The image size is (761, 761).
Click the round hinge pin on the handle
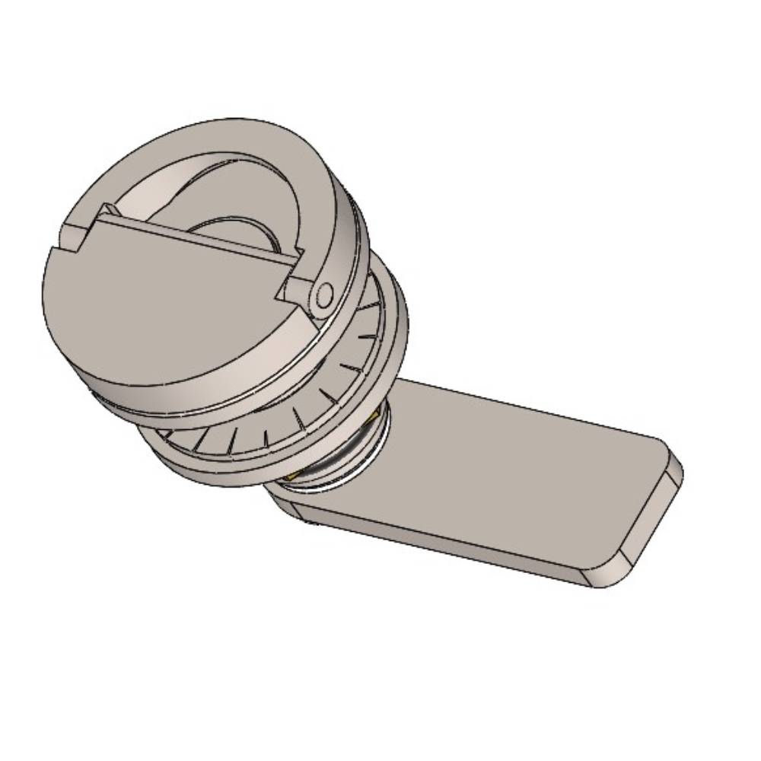(x=325, y=295)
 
